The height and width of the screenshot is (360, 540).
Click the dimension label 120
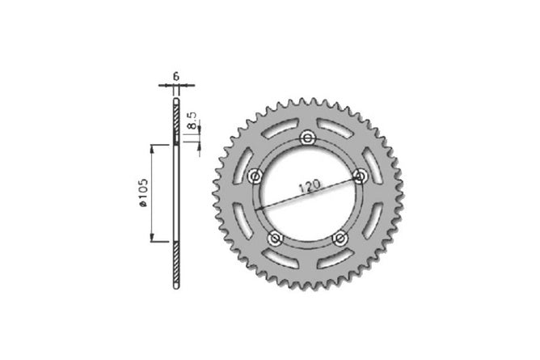pyautogui.click(x=310, y=186)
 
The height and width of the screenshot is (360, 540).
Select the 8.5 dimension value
pyautogui.click(x=192, y=121)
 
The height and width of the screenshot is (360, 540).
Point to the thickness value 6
pyautogui.click(x=176, y=76)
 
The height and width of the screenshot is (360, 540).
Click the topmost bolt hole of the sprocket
pyautogui.click(x=307, y=138)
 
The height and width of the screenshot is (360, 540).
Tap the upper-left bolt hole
pyautogui.click(x=255, y=176)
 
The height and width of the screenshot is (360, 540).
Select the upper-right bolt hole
pyautogui.click(x=361, y=176)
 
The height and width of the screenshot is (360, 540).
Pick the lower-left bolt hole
pyautogui.click(x=276, y=238)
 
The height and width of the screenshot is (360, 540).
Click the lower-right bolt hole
pyautogui.click(x=340, y=238)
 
